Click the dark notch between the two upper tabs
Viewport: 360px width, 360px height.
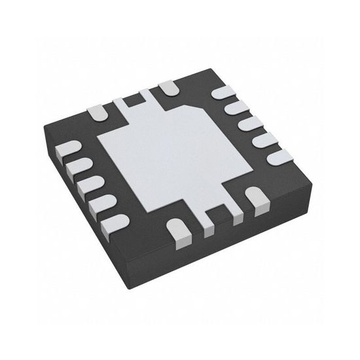pyautogui.click(x=135, y=99)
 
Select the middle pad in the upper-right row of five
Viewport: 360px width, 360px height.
pyautogui.click(x=247, y=124)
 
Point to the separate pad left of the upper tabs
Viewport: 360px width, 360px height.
pyautogui.click(x=99, y=112)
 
